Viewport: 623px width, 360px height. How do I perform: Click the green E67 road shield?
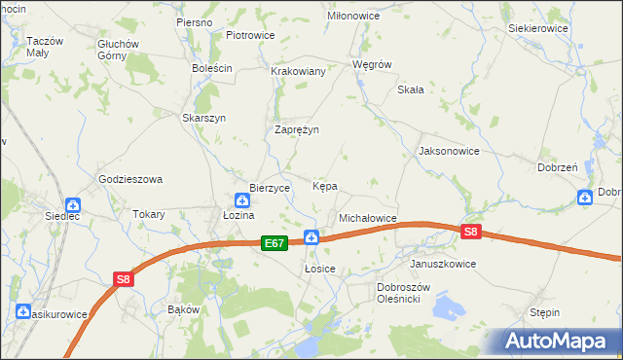(x=274, y=244)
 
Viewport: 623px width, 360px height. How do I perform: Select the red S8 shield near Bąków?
(x=123, y=280)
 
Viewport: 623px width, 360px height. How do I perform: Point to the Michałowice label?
(x=367, y=219)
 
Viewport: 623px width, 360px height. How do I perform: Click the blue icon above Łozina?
(x=241, y=200)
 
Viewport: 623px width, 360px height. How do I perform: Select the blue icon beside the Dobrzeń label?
(x=584, y=198)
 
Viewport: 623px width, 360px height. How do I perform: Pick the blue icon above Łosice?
(x=311, y=236)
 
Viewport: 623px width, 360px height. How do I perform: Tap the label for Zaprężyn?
(x=297, y=129)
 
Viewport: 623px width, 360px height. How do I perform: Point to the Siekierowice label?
(x=537, y=29)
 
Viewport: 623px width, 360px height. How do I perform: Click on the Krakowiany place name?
(x=298, y=72)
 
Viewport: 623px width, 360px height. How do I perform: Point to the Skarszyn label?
(x=204, y=118)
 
